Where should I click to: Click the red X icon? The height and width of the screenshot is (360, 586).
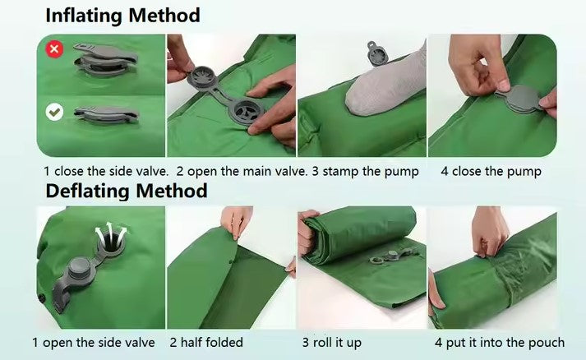click(54, 49)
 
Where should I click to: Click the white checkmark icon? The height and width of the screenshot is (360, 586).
click(54, 112)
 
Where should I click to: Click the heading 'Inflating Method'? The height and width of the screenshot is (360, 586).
click(122, 16)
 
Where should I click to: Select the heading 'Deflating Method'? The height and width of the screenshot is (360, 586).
click(127, 191)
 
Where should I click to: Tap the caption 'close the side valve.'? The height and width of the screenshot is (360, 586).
click(112, 171)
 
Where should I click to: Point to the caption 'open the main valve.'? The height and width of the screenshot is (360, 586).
click(247, 172)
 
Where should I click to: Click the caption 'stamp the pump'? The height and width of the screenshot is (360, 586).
click(371, 172)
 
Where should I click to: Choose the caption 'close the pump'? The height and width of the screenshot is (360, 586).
click(496, 172)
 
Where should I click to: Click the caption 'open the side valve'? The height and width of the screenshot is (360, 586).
click(99, 343)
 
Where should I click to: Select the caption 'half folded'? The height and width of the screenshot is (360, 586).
click(212, 343)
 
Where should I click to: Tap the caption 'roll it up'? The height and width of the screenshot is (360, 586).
click(337, 343)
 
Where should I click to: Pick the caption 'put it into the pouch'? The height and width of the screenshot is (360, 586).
click(505, 343)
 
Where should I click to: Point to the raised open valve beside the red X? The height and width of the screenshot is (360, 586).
click(105, 59)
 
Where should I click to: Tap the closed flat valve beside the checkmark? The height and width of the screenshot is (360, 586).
click(106, 115)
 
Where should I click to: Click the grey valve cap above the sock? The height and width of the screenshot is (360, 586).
click(378, 53)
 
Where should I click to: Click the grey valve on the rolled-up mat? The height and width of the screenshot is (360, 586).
click(393, 256)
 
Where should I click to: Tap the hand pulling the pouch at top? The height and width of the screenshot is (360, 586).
click(490, 233)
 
